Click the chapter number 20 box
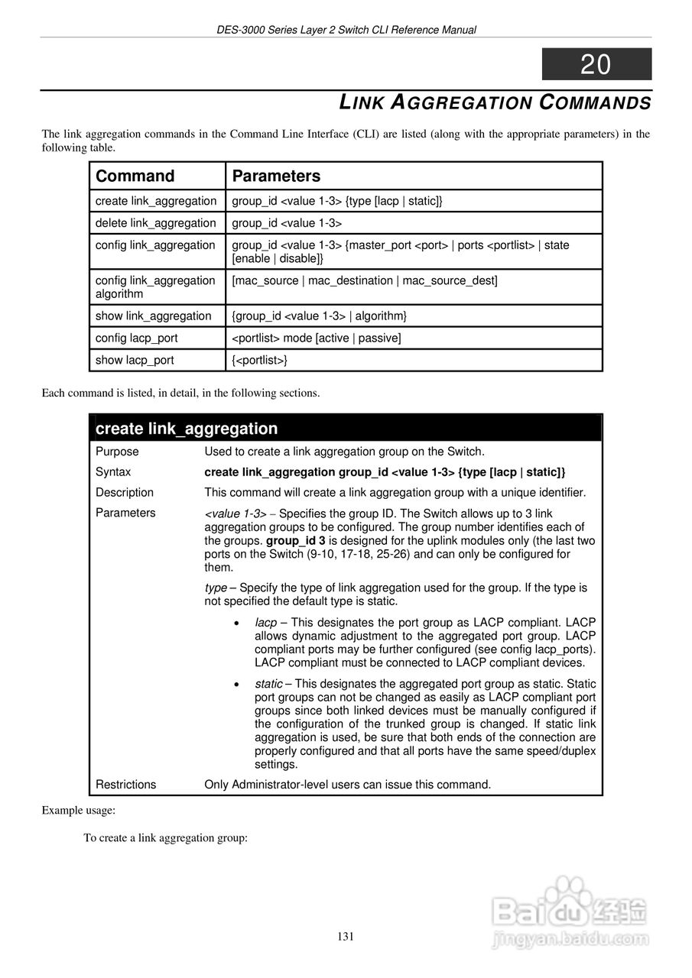[x=596, y=64]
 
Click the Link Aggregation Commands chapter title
[x=495, y=102]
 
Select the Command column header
[x=135, y=176]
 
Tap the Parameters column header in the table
[x=276, y=176]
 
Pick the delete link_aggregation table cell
[x=156, y=223]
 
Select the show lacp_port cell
[x=135, y=360]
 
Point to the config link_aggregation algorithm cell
[x=156, y=287]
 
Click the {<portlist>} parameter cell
[x=260, y=360]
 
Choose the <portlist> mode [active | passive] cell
[x=317, y=338]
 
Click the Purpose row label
[x=117, y=452]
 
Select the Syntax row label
[x=113, y=472]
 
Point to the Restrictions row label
[x=125, y=784]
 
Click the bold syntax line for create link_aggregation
[x=385, y=472]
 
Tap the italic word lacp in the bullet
[x=265, y=623]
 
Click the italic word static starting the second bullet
[x=268, y=684]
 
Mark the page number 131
[x=346, y=937]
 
